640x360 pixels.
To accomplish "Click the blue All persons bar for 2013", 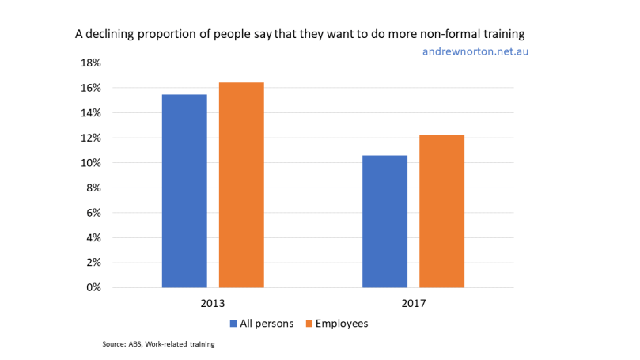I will (184, 191).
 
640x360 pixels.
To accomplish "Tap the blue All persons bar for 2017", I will (384, 222).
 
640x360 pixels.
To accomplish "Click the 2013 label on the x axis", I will (213, 304).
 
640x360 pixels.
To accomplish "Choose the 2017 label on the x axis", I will (413, 304).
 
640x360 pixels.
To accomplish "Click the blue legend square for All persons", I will (233, 324).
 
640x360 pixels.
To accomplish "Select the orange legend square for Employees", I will (310, 324).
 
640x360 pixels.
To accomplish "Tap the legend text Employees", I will (343, 324).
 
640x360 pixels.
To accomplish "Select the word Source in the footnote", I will (116, 345).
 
